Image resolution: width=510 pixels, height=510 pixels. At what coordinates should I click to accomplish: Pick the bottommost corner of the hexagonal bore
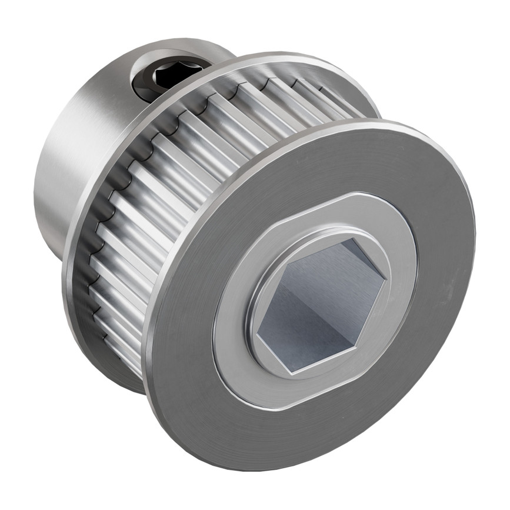pos(292,372)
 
